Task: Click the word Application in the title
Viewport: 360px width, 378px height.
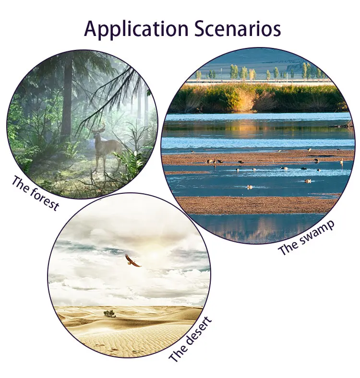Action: coord(136,29)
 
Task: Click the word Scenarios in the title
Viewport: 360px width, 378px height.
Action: coord(238,28)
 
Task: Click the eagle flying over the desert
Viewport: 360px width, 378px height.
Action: coord(132,260)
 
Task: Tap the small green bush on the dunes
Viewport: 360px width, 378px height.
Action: coord(109,313)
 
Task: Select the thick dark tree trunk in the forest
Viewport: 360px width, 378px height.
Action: coord(67,96)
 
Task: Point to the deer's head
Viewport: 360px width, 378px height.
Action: coord(97,136)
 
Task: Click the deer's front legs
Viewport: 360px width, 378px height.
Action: coord(98,160)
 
